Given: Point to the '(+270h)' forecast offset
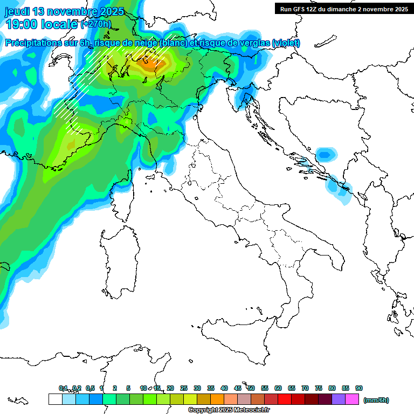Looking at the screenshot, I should (x=96, y=24).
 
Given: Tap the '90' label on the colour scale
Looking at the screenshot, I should (x=359, y=388).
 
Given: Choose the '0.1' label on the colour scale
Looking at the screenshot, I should (x=63, y=388).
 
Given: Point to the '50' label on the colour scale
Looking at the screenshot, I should (x=251, y=388).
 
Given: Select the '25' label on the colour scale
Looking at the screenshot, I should (x=184, y=388).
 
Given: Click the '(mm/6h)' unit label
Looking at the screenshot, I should (x=376, y=400).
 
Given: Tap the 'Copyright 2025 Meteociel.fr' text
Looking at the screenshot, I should (x=229, y=410).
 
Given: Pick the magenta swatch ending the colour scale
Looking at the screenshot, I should (x=352, y=399).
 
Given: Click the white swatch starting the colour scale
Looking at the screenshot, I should (x=55, y=399).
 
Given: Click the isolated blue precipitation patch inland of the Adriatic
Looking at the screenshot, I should (x=324, y=154).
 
